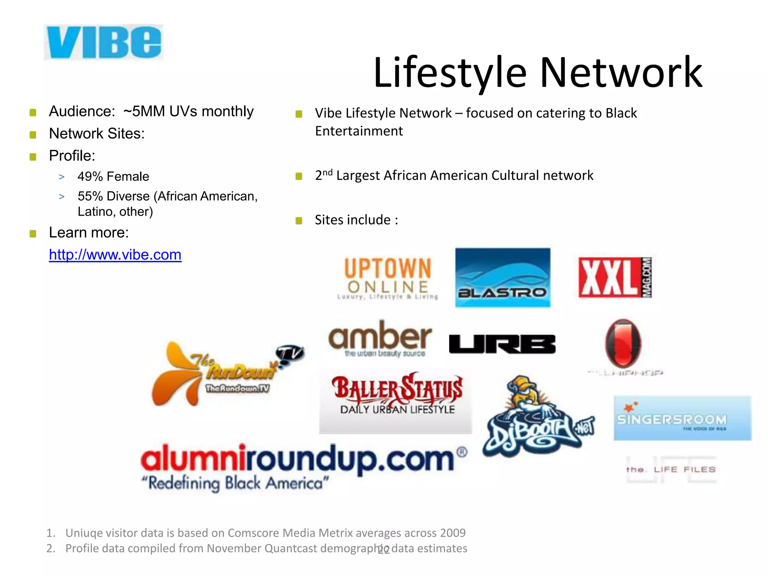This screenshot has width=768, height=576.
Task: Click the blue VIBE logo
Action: [103, 42]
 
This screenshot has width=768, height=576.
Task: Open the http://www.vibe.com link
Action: [115, 255]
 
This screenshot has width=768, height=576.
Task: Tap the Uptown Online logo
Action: [388, 278]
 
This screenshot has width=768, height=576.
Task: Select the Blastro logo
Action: [502, 277]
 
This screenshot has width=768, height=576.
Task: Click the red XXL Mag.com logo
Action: [615, 277]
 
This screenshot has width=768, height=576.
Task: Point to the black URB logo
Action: [502, 344]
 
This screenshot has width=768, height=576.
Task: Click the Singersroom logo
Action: [682, 418]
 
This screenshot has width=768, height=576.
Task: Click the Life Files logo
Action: [671, 469]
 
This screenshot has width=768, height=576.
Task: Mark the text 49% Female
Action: [113, 177]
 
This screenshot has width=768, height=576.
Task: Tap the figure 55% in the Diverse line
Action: [90, 196]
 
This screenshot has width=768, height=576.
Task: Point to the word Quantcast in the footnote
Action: [291, 549]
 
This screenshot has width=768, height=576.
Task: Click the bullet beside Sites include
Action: [299, 220]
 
